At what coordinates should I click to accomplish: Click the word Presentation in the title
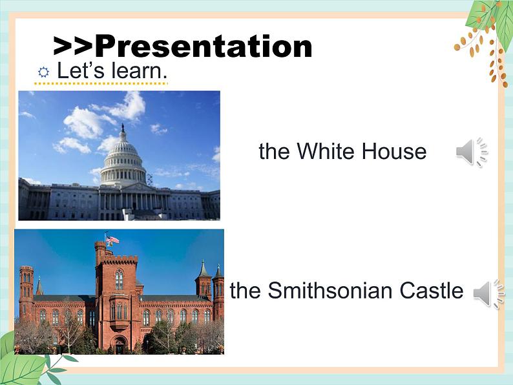click(203, 47)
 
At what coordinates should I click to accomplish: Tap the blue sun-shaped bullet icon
click(43, 72)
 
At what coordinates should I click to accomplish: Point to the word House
click(394, 151)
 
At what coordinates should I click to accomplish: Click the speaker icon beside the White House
click(472, 152)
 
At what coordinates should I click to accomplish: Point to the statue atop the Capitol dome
click(123, 127)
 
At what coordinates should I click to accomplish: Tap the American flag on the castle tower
click(112, 240)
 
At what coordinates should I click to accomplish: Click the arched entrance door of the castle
click(119, 345)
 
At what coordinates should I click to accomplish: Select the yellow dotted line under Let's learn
click(101, 84)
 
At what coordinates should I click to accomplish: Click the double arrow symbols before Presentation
click(74, 47)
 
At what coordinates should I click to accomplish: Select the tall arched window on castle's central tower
click(119, 280)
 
